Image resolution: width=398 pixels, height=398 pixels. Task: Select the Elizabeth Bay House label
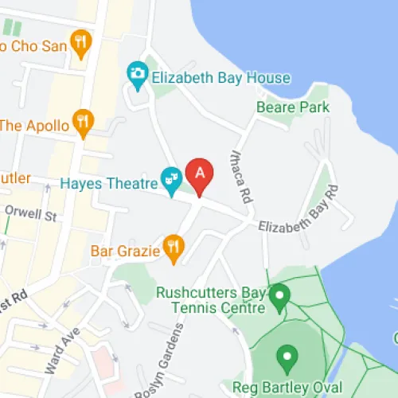click(x=221, y=78)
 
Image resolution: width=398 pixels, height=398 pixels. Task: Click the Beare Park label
click(x=287, y=106)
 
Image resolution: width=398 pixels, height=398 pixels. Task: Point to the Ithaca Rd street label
click(x=240, y=177)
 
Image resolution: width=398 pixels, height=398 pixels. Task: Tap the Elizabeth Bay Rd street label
click(x=299, y=212)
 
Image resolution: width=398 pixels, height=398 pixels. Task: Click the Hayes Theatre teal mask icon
click(x=170, y=179)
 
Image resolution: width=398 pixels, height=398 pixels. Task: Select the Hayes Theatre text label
click(x=110, y=184)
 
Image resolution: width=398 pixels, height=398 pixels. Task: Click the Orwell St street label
click(x=31, y=214)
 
